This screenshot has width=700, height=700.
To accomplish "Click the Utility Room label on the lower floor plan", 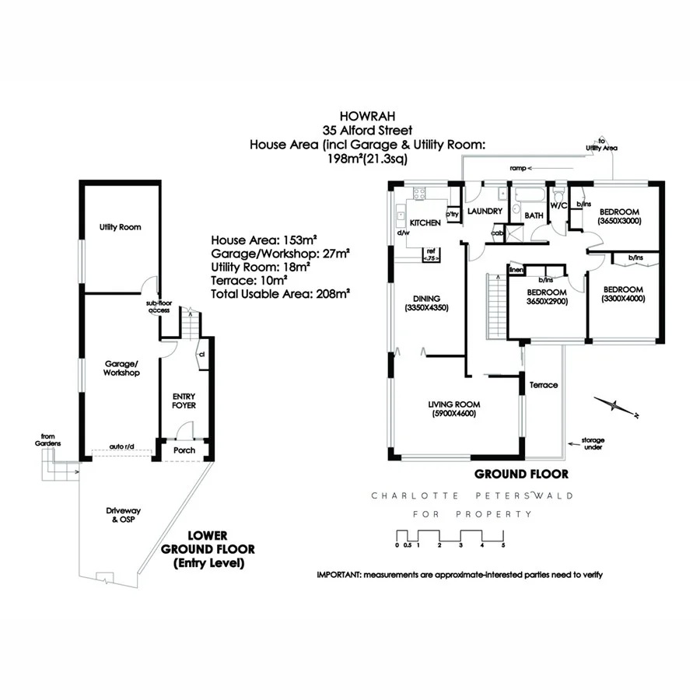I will [x=120, y=227].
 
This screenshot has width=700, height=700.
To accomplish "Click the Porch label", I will [x=184, y=450].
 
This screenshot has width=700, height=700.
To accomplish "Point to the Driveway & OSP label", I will [x=121, y=516].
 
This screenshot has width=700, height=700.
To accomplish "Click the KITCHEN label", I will [x=425, y=222].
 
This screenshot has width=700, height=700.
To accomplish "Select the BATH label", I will [x=534, y=215].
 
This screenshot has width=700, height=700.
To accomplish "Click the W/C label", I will [x=558, y=205].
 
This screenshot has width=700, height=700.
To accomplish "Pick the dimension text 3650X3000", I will [x=618, y=221].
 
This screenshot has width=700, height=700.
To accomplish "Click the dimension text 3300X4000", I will [x=624, y=298].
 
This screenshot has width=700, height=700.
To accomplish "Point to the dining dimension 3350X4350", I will [x=427, y=308].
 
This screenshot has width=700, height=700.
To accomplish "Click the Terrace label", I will [x=543, y=385].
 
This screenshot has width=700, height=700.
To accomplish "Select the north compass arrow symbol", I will [x=614, y=405].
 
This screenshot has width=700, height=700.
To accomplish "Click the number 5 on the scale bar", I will [x=503, y=545].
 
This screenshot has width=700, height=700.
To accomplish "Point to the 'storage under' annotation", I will [x=591, y=443].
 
